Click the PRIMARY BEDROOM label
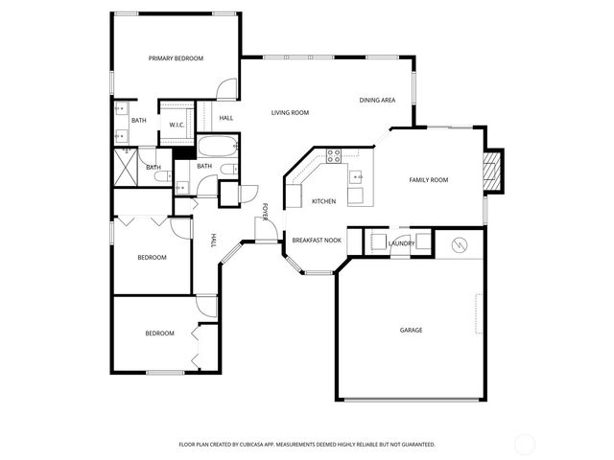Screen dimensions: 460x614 click(x=176, y=58)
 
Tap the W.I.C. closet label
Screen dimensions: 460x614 click(x=177, y=125)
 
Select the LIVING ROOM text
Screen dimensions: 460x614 click(x=289, y=113)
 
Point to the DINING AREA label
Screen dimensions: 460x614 click(x=377, y=100)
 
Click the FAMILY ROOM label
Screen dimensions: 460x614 click(x=428, y=180)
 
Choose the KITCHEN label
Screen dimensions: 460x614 click(x=323, y=201)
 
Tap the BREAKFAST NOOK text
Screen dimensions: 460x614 click(x=317, y=241)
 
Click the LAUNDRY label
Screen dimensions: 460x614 click(x=401, y=243)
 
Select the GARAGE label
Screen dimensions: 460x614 click(x=411, y=330)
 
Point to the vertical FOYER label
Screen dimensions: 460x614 click(x=265, y=209)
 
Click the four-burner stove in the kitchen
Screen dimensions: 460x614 click(x=334, y=155)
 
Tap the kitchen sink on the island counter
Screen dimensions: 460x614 click(x=355, y=176)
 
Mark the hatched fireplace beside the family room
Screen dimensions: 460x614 click(x=491, y=171)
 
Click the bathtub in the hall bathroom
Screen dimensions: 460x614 click(x=216, y=149)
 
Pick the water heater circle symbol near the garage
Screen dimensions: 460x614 click(x=459, y=244)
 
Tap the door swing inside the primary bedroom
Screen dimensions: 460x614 click(x=225, y=89)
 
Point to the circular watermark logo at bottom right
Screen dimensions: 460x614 click(x=525, y=445)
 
